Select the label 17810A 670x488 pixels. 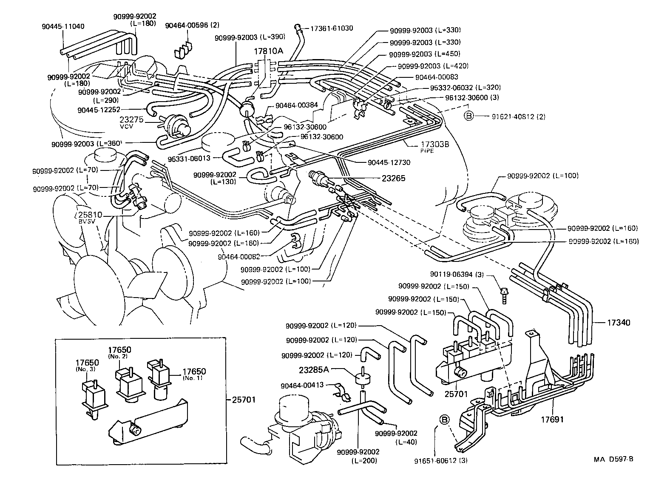click(268, 51)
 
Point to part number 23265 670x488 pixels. click(394, 179)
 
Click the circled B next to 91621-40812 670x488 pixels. click(468, 116)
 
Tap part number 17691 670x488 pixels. click(552, 420)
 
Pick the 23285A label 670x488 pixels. click(326, 369)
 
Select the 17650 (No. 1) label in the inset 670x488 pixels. click(194, 374)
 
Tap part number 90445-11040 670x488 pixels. click(63, 26)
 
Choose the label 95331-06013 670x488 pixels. click(189, 158)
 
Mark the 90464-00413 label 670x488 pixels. click(302, 385)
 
